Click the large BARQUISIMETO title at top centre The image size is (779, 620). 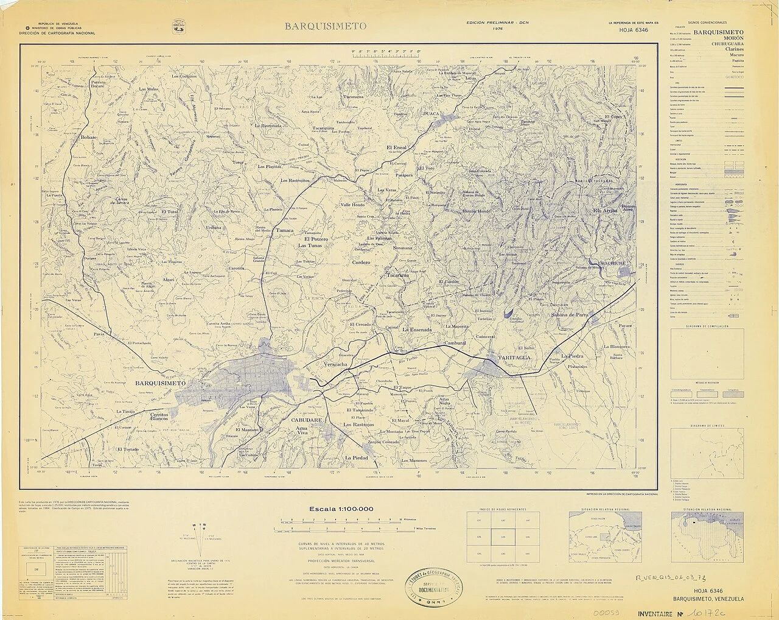(325, 26)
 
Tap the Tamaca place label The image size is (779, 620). (284, 231)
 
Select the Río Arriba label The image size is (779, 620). (605, 211)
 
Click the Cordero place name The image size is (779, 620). (361, 262)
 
